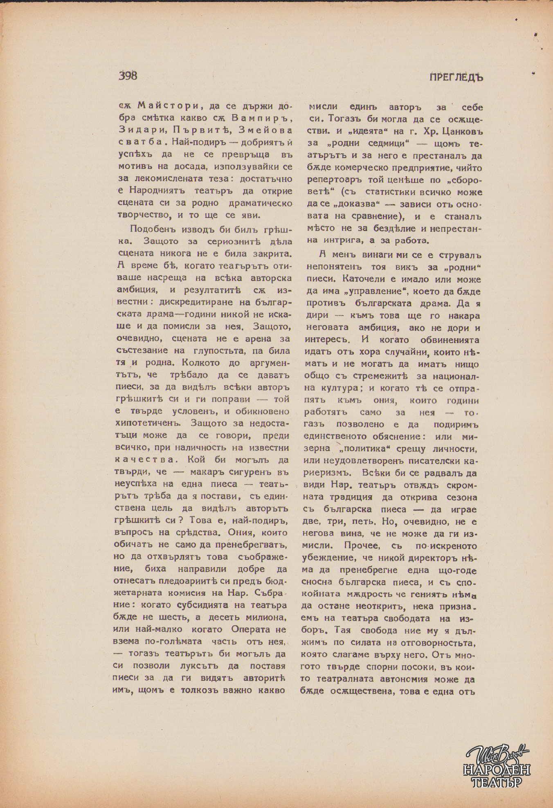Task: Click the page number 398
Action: [128, 76]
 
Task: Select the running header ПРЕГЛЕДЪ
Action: [456, 77]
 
